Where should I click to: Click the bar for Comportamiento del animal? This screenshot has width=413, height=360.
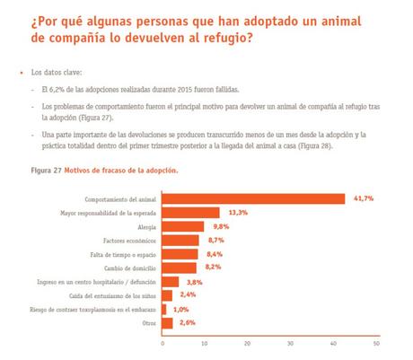[x=253, y=198]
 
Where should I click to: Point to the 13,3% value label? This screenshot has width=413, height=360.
[x=238, y=212]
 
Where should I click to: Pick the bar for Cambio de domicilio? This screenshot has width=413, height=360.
[x=180, y=267]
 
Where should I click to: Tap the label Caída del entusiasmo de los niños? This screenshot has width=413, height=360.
[x=117, y=294]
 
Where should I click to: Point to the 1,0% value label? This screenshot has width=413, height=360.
[x=180, y=308]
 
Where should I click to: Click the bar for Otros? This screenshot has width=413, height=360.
[x=168, y=321]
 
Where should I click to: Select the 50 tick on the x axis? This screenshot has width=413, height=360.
[x=376, y=343]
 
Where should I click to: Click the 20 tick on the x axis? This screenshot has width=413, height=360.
[x=248, y=343]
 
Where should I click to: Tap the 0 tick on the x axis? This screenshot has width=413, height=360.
[x=163, y=343]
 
